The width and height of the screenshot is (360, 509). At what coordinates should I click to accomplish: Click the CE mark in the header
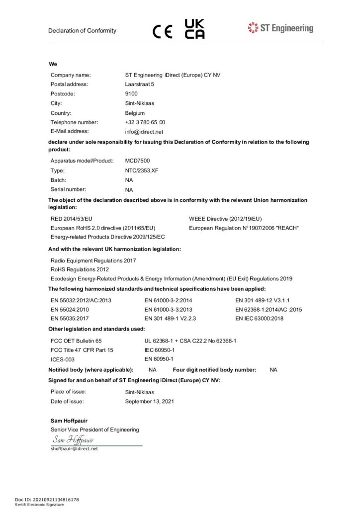coord(162,31)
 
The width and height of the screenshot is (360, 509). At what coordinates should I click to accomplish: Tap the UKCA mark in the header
coord(194,29)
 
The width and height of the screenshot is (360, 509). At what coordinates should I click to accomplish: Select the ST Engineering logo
coord(280,28)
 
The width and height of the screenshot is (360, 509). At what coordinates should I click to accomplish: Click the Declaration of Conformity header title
coord(82,31)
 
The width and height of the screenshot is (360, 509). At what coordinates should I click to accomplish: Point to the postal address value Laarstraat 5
coord(140,85)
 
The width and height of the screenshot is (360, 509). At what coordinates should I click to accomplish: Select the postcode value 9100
coord(131,94)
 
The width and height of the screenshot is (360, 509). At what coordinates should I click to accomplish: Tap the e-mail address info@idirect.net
coord(144,132)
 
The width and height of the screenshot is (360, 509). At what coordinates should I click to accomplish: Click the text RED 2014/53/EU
coord(72,219)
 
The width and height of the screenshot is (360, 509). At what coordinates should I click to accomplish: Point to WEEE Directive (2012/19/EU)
coord(225,219)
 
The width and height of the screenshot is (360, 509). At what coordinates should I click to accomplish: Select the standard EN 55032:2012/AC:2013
coord(81,300)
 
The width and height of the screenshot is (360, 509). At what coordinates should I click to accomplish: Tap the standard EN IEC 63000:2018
coord(259,318)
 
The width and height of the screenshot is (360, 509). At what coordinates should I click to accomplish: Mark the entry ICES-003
coord(63,359)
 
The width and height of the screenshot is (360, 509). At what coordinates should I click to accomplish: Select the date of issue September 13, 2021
coord(150,401)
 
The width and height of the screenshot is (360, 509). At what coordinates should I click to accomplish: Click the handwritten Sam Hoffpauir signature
coord(73,440)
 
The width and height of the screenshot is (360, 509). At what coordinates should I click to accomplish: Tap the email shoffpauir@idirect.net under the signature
coord(75,449)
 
